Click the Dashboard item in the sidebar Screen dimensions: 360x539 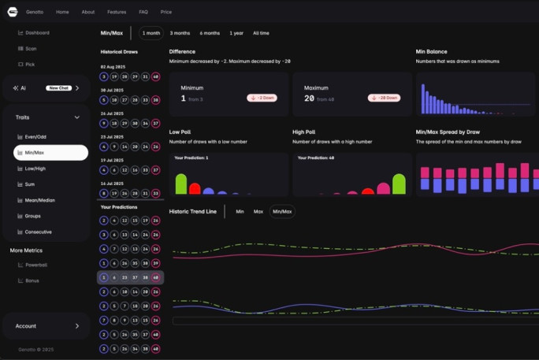tap(36, 33)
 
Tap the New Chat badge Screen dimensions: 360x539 tap(58, 88)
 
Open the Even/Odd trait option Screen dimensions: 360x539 tap(35, 137)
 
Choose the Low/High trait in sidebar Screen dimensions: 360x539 tap(35, 169)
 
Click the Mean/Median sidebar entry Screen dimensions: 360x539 tap(39, 200)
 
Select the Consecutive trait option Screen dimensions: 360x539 tap(38, 232)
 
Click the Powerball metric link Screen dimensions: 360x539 tap(35, 265)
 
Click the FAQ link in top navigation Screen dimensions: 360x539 tap(143, 12)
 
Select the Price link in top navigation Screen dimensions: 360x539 tap(165, 12)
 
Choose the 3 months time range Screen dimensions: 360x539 tap(180, 33)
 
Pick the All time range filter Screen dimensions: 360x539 tap(261, 33)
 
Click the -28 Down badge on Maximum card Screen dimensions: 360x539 tap(384, 98)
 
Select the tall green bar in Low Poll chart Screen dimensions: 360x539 tap(180, 184)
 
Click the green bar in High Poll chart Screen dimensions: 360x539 tap(399, 184)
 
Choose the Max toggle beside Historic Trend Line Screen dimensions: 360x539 tap(258, 211)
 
